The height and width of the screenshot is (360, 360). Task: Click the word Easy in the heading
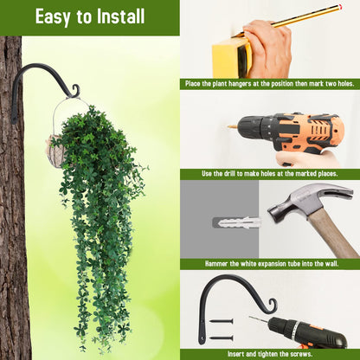pos(53,17)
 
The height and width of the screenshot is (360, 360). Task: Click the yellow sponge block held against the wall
pos(232,57)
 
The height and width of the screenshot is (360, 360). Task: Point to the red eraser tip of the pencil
pos(341,6)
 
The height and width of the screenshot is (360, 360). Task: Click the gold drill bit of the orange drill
pos(232,126)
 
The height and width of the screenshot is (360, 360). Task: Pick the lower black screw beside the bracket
pos(222,337)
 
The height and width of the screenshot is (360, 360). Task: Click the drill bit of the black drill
pos(258,319)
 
